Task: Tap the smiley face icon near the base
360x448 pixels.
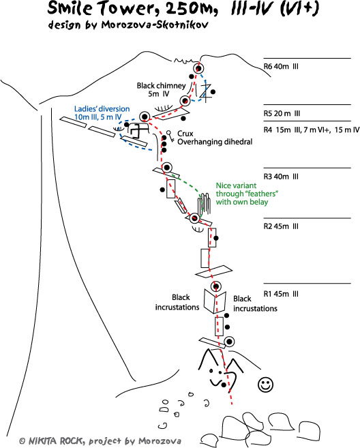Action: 265,385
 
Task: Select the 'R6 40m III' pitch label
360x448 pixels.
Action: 281,67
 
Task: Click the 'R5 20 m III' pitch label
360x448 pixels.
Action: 282,113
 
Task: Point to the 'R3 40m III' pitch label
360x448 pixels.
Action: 281,177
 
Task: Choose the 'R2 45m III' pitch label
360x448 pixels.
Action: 281,226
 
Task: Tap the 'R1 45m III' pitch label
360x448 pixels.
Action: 281,294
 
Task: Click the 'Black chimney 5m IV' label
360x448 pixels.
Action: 161,90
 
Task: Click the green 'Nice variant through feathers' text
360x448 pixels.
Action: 247,194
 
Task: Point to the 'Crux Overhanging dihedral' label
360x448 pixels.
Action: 215,138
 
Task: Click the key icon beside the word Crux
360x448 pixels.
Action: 170,136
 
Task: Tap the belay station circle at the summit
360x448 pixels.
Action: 198,69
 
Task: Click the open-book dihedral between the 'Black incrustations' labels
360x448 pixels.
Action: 215,301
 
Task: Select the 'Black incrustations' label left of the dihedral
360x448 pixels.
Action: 177,302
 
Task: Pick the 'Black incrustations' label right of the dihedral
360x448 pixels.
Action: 255,303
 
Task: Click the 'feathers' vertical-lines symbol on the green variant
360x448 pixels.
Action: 205,203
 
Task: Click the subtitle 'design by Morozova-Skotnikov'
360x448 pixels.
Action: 128,25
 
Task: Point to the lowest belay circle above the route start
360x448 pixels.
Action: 229,342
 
